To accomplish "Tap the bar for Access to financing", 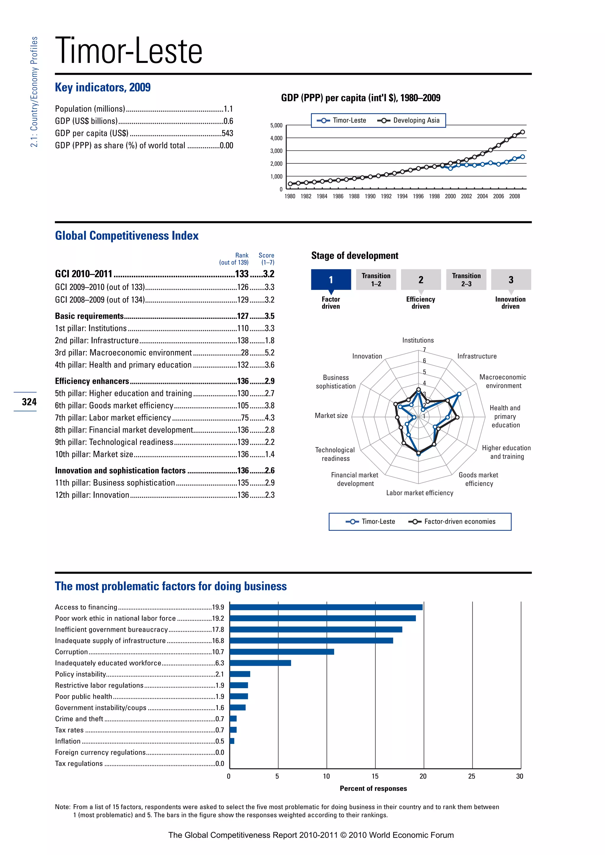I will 326,607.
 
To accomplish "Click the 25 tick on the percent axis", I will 472,776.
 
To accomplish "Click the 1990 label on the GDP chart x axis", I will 370,196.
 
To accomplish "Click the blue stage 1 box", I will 331,279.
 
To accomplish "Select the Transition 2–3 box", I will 466,279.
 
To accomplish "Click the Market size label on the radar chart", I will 331,416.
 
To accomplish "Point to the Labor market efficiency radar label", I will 419,493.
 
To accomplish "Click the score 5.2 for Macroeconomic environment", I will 269,353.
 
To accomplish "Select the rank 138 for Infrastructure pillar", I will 243,340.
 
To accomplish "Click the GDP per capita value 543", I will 227,133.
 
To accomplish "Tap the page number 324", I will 29,402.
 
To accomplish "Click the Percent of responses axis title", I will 373,788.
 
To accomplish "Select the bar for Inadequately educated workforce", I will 260,663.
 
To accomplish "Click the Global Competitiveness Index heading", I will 127,236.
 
